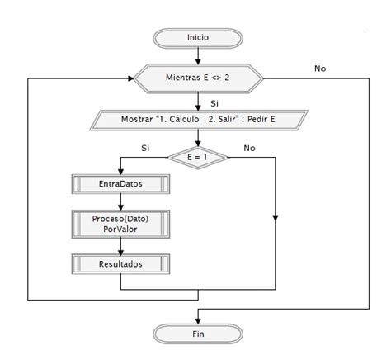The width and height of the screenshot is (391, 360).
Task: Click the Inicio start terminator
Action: [198, 38]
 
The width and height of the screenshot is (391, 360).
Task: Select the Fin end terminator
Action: [198, 334]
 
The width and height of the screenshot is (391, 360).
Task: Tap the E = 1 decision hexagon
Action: [198, 154]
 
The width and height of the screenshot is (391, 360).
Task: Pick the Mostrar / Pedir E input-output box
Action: [198, 118]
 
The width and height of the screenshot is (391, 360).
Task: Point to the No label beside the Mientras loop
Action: [320, 69]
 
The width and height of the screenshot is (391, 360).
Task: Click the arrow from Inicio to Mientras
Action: [198, 57]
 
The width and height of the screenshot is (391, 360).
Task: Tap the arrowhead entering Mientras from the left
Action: [130, 80]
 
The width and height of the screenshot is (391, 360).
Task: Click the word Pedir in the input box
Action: [257, 118]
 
